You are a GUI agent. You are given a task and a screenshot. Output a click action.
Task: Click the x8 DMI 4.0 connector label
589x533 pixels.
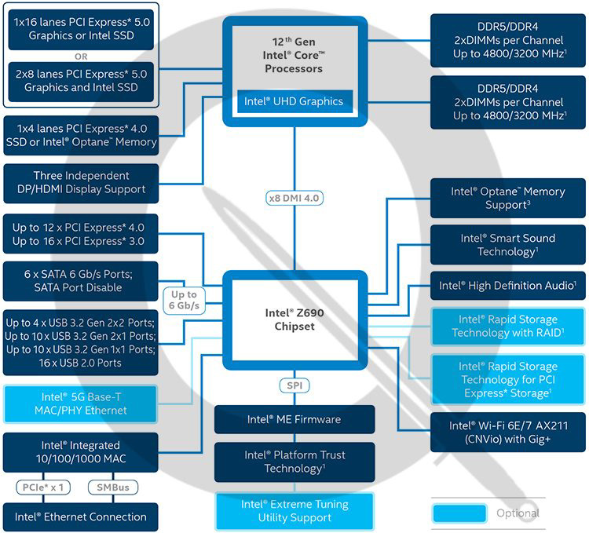point(294,198)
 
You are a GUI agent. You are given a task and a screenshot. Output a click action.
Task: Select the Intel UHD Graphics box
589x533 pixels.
point(293,101)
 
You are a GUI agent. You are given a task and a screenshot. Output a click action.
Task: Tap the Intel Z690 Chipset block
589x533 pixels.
point(294,319)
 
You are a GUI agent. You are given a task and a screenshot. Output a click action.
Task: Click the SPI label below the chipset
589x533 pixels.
point(294,386)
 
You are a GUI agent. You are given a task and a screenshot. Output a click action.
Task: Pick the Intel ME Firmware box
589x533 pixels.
point(294,420)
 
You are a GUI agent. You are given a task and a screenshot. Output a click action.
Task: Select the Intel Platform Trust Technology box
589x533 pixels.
point(294,462)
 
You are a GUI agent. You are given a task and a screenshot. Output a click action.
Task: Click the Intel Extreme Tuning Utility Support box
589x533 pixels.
point(294,511)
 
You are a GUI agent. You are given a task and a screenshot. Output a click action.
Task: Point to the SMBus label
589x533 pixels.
point(112,487)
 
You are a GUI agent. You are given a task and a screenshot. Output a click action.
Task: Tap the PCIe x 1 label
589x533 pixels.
point(42,487)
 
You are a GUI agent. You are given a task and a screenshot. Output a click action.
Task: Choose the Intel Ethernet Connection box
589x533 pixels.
point(81,517)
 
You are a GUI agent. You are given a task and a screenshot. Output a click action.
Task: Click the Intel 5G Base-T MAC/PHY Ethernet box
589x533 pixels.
point(81,403)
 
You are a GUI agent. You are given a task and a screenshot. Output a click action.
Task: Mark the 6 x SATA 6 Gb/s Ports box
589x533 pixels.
point(81,281)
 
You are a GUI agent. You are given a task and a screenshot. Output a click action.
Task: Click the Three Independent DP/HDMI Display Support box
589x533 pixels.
point(81,183)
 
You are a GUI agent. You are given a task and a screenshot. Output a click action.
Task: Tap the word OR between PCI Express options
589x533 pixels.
point(81,57)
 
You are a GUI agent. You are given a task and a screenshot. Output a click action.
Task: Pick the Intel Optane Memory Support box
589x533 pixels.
point(507,198)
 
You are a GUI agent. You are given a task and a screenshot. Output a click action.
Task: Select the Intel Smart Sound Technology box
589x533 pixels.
point(507,245)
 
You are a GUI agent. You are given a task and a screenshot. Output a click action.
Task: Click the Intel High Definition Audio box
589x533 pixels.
point(507,286)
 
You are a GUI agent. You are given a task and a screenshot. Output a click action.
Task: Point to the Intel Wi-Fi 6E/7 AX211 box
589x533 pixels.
point(507,432)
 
